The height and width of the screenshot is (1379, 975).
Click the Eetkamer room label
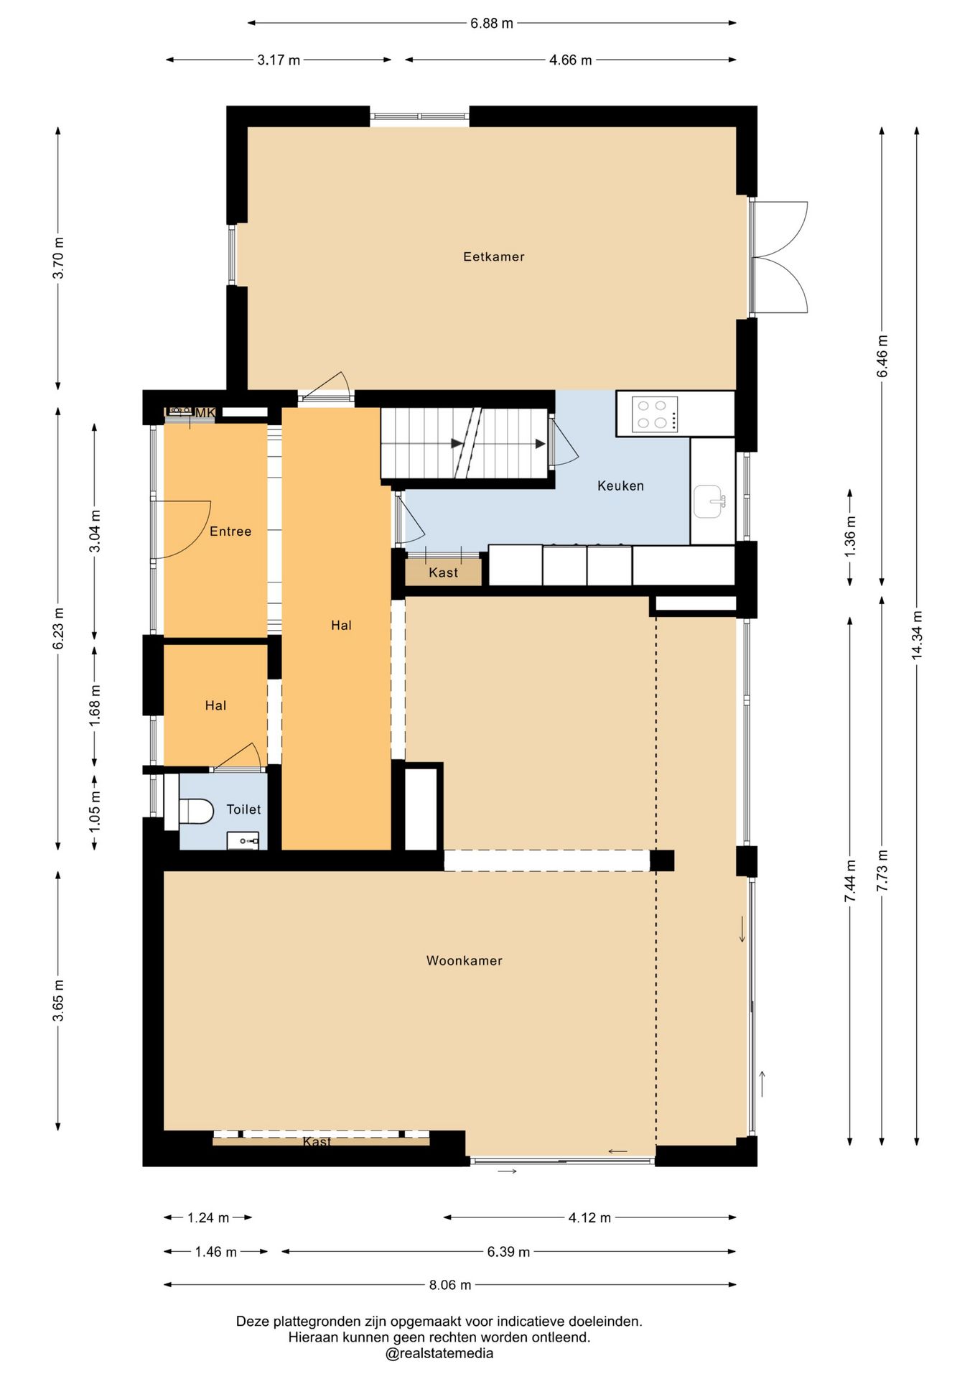(493, 256)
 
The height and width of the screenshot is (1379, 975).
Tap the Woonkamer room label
(464, 960)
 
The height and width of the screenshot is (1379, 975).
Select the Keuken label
(620, 486)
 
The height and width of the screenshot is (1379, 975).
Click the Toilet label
(243, 809)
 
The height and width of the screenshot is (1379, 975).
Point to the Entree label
(230, 531)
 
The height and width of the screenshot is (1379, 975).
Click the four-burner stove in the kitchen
(654, 414)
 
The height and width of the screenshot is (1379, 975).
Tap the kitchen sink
(709, 501)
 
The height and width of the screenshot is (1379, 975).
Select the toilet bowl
(196, 812)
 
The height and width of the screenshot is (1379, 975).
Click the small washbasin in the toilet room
(243, 840)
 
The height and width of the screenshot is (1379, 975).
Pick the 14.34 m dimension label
(916, 635)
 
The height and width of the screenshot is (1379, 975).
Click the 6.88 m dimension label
(492, 23)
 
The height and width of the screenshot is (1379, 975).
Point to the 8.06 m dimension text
(450, 1284)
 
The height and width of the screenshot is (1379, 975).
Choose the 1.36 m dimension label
(849, 537)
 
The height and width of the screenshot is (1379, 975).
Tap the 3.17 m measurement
(279, 60)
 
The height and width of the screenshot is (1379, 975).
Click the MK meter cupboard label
(205, 412)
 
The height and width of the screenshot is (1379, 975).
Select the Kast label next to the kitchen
(443, 572)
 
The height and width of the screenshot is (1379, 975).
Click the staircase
(465, 443)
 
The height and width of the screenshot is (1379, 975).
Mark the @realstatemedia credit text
(439, 1353)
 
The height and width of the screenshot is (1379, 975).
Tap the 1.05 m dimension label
(94, 812)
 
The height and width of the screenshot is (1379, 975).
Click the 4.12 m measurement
(589, 1217)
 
